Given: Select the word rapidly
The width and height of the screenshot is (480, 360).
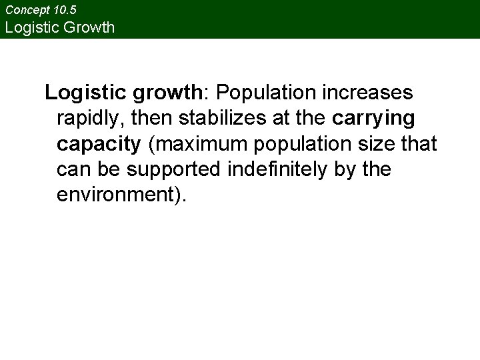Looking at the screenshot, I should point(91,119).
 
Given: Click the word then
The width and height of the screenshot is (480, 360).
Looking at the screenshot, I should point(154,118).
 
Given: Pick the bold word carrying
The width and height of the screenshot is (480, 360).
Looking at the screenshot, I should point(373,119).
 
